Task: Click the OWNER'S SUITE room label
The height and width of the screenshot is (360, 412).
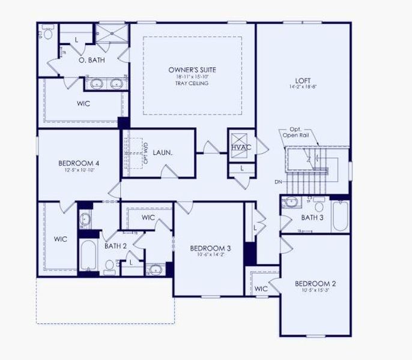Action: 192,70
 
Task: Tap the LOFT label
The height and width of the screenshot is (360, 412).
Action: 303,80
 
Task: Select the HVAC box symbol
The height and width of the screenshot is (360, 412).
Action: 241,146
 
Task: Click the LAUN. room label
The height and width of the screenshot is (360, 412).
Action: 163,153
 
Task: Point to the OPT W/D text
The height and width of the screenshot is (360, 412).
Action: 145,153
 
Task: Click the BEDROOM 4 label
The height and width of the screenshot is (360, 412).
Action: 79,163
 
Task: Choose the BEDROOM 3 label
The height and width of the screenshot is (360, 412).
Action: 210,248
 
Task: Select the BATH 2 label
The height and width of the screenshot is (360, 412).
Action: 115,245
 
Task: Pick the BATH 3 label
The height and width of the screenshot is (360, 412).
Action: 312,217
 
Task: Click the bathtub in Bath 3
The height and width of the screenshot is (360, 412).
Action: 339,216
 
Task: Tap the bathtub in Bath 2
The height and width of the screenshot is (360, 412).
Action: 87,256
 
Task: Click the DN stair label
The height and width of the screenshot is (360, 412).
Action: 279,181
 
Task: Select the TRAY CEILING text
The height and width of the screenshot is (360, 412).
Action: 192,84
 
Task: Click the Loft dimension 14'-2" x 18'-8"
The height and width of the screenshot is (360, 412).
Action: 303,87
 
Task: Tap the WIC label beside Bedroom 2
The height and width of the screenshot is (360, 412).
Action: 261,289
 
